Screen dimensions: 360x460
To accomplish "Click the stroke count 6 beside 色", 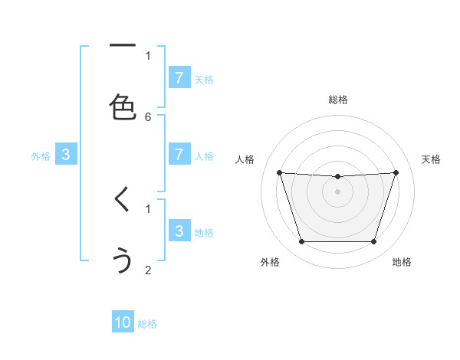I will pos(148,116).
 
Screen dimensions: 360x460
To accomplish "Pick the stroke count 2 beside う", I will pos(148,270).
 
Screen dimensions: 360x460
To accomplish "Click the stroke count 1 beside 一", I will pos(148,55).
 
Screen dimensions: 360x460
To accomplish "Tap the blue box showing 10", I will pos(123,322).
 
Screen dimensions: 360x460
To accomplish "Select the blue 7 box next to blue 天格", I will pos(179,77).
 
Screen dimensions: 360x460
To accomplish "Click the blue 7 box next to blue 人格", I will pos(179,154).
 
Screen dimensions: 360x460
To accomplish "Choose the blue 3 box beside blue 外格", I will pos(66,155).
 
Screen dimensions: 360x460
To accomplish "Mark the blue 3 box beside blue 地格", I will pos(179,231).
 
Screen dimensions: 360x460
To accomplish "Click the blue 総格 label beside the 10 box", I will pos(147,324).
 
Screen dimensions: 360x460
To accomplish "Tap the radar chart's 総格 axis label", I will pos(337,100).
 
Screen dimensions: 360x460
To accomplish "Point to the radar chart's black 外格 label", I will pos(270,262).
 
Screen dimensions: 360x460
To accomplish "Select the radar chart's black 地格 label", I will pos(402,262).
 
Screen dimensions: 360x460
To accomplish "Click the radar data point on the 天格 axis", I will pos(396,172).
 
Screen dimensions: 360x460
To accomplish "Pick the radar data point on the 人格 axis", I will pos(279,172).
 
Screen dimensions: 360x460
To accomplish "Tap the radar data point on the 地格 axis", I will pos(373,241).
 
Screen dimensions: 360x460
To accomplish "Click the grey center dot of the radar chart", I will pos(337,191).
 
